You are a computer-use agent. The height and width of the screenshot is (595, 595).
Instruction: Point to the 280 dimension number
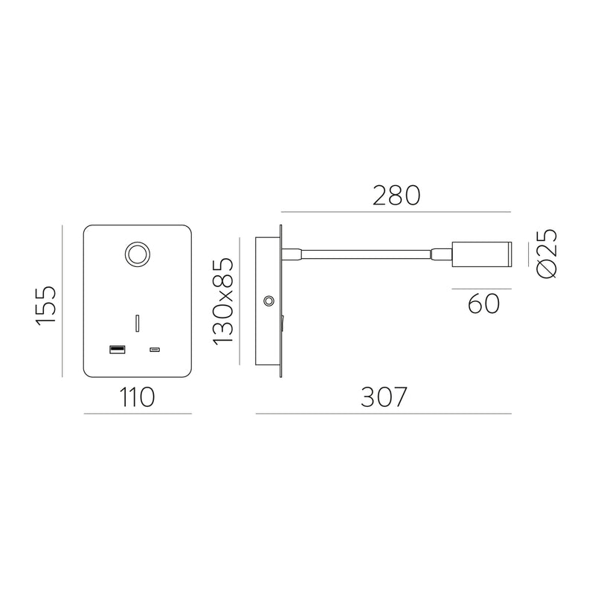tap(396, 196)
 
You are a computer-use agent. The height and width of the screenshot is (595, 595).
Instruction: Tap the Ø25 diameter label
tap(546, 254)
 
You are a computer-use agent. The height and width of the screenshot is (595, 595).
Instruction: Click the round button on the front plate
tap(137, 254)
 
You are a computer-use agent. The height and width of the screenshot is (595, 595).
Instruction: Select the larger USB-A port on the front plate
tap(117, 349)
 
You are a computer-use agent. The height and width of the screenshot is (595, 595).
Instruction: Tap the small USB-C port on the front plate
tap(155, 350)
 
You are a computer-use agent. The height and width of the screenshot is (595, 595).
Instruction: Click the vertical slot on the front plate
tap(137, 324)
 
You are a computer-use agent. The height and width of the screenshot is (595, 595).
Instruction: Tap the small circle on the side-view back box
tap(268, 301)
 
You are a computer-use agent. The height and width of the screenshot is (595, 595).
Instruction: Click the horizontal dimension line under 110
tap(138, 414)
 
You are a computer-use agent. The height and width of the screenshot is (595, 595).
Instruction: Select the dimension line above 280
tap(396, 213)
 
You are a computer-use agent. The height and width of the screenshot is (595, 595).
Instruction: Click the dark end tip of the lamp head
tap(508, 254)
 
